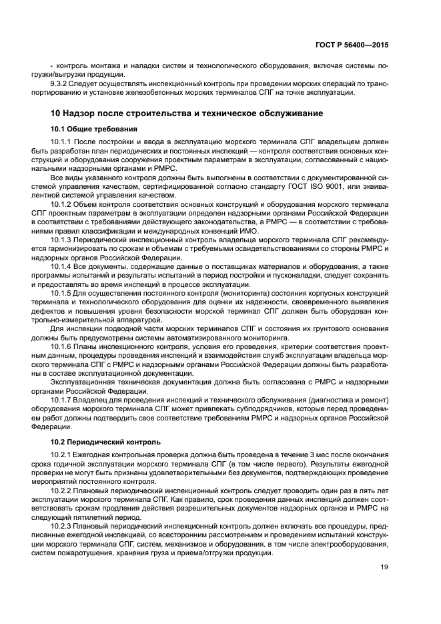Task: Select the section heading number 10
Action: (56, 113)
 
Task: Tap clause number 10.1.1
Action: (63, 143)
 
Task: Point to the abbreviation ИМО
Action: (215, 229)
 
